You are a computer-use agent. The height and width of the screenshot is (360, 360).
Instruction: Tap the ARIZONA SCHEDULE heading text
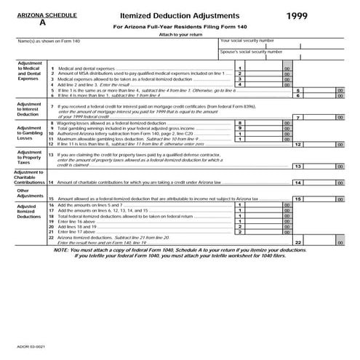(x=33, y=14)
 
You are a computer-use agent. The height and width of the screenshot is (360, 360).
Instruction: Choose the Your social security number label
(x=247, y=41)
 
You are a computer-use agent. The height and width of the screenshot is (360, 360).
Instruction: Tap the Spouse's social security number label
(x=252, y=52)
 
